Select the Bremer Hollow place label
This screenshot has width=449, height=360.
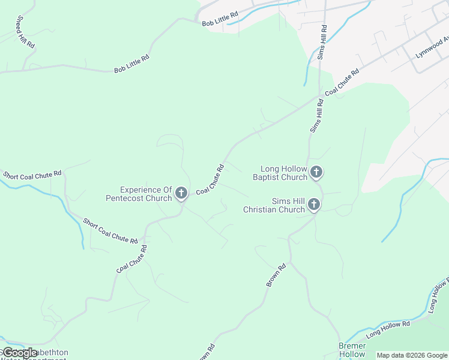pos(352,350)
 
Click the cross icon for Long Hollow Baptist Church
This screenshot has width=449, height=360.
pos(316,173)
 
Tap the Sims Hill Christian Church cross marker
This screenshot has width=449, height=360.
pos(313,206)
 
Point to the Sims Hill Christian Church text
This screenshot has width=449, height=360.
pos(274,206)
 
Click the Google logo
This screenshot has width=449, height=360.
pos(20,352)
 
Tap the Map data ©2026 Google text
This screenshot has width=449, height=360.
pos(412,355)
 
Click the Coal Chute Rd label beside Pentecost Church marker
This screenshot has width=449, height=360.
pos(210,179)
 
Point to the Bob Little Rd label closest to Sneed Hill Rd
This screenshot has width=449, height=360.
pos(131,62)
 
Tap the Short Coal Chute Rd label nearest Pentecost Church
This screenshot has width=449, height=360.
pos(110,230)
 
